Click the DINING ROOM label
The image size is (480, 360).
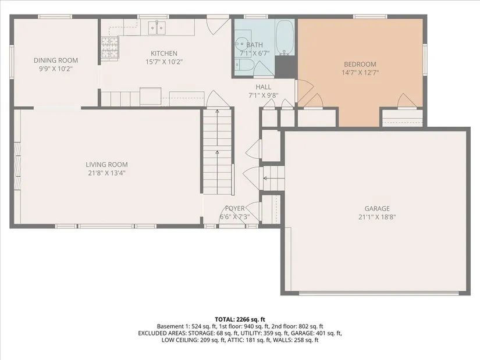click(x=56, y=60)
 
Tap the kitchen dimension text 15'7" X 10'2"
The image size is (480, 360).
click(x=164, y=62)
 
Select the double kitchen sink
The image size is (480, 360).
click(x=157, y=28)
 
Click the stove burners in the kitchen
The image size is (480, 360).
click(x=109, y=48)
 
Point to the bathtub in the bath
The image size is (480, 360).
click(x=285, y=37)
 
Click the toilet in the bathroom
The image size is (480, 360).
click(x=244, y=65)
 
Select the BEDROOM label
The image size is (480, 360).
click(x=360, y=65)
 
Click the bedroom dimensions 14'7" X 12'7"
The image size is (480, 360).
click(x=360, y=73)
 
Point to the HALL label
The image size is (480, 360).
click(x=263, y=87)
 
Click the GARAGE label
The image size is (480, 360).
click(x=377, y=208)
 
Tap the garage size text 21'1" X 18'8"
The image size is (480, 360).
click(x=377, y=217)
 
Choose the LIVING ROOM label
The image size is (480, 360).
click(x=107, y=165)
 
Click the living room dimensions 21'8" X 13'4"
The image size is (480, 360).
click(x=107, y=173)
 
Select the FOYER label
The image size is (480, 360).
click(x=235, y=208)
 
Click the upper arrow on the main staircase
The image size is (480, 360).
click(x=218, y=127)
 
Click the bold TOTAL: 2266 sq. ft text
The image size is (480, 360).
click(x=240, y=320)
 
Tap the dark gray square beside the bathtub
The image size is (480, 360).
click(x=286, y=67)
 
